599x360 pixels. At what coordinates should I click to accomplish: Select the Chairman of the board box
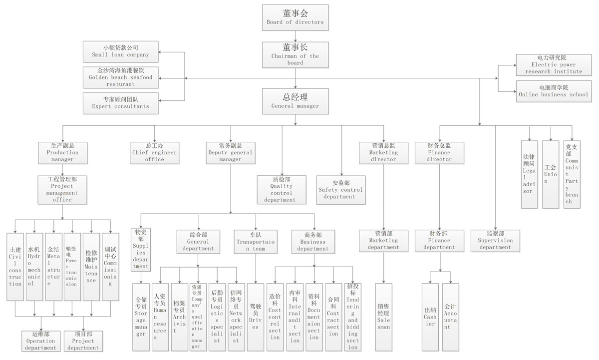(x=295, y=54)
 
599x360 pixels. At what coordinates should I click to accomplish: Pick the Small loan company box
(x=120, y=51)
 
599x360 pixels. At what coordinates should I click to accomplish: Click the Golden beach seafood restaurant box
(x=120, y=77)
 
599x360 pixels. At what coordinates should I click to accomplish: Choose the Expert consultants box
(x=120, y=102)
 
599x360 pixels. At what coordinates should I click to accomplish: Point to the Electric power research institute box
(x=553, y=65)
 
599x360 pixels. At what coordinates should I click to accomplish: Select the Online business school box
(x=553, y=91)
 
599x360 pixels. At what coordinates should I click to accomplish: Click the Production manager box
(x=63, y=152)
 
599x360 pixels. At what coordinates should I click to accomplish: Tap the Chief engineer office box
(x=155, y=152)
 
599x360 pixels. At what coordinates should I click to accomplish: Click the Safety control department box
(x=341, y=190)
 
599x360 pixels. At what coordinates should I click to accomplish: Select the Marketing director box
(x=383, y=152)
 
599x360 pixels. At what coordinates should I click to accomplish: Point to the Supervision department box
(x=495, y=240)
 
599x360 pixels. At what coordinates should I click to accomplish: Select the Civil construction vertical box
(x=15, y=266)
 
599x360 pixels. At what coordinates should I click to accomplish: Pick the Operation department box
(x=41, y=341)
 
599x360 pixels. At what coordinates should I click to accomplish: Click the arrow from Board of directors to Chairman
(x=295, y=36)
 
